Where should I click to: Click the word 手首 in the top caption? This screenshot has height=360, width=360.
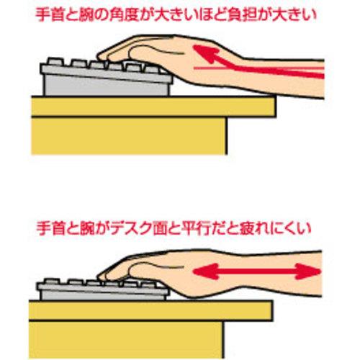pyautogui.click(x=49, y=15)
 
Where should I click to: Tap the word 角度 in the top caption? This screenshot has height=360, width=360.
pyautogui.click(x=124, y=15)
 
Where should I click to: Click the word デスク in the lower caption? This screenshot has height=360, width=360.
pyautogui.click(x=132, y=228)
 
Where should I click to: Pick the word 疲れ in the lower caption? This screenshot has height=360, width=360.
pyautogui.click(x=253, y=228)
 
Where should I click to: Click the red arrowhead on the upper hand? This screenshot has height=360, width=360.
pyautogui.click(x=204, y=53)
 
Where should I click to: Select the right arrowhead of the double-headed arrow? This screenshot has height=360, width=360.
pyautogui.click(x=308, y=271)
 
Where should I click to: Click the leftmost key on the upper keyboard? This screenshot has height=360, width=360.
pyautogui.click(x=55, y=61)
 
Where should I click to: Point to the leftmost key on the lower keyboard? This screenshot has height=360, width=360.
pyautogui.click(x=51, y=282)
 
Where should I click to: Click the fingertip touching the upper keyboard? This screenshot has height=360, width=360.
pyautogui.click(x=101, y=56)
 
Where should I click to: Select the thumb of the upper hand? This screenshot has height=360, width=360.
pyautogui.click(x=146, y=53)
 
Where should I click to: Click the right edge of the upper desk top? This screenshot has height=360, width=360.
pyautogui.click(x=276, y=107)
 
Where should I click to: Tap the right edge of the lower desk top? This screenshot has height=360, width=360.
pyautogui.click(x=271, y=310)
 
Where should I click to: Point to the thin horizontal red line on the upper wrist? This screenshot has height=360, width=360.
pyautogui.click(x=258, y=68)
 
